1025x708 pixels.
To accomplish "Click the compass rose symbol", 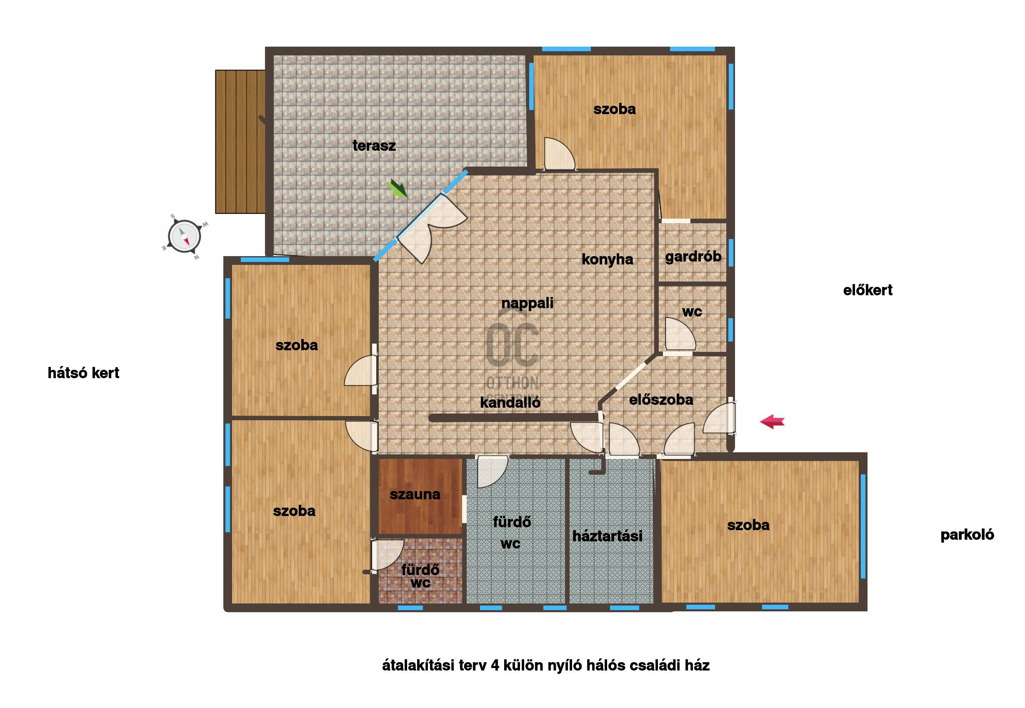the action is [184, 237].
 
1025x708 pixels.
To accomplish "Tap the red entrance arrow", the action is [772, 421].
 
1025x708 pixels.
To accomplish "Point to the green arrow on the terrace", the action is [397, 188].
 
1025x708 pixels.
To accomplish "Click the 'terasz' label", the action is [374, 145].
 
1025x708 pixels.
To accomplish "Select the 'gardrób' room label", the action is [693, 257].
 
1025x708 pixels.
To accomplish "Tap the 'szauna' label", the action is [415, 494].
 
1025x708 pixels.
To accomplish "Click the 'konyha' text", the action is [607, 259].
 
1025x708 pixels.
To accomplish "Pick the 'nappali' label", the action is [527, 304].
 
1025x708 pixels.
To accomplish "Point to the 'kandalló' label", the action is [510, 402].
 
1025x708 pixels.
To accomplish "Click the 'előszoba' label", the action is [661, 400].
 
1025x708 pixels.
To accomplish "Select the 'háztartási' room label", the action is [607, 536].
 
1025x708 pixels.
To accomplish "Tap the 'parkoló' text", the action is [967, 535].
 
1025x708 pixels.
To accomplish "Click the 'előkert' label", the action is [868, 290].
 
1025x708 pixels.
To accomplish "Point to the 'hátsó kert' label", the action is [83, 373].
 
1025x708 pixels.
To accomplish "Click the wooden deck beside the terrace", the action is [240, 142].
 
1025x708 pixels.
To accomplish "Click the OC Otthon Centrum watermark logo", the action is [512, 355].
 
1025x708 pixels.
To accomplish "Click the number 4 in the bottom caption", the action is [495, 666].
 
